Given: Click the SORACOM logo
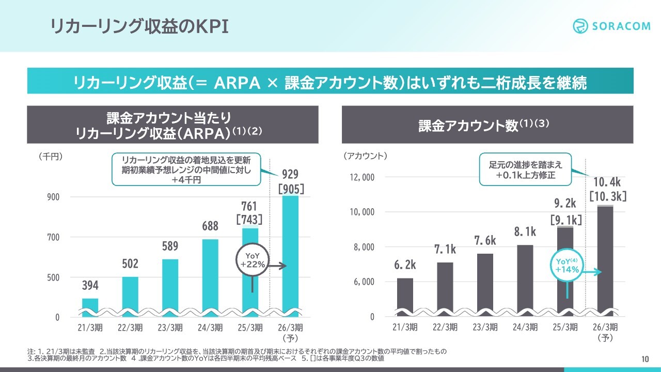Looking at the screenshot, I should point(612,26).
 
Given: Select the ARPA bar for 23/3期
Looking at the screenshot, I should point(170,287).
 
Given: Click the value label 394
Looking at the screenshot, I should point(90,285).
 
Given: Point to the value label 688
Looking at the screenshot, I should point(210,226).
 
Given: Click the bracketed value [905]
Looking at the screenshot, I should point(291,189).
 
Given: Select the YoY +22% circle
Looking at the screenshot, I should point(253,260).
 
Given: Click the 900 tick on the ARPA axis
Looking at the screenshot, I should point(54,197).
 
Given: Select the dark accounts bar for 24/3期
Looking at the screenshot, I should point(525,280).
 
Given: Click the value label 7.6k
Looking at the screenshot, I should point(485,241).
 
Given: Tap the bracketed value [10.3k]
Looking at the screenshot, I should point(607,196).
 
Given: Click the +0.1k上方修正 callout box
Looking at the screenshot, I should point(525,169).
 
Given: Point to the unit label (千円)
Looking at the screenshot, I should point(51,156).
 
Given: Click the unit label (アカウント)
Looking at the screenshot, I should point(366,156).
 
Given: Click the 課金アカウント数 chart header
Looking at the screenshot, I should point(487,125).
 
